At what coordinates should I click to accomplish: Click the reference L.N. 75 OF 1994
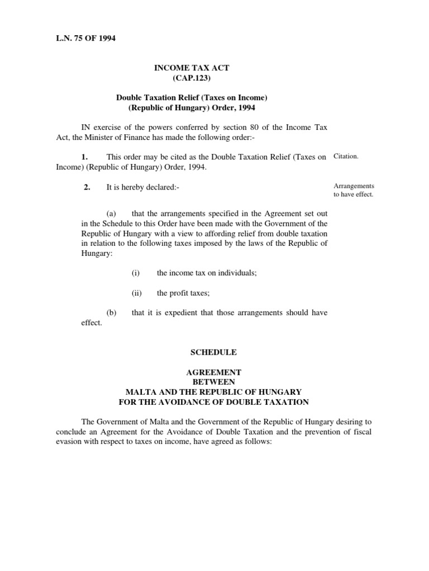coord(85,38)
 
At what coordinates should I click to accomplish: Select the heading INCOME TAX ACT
coord(192,67)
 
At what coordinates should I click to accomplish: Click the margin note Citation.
coord(346,157)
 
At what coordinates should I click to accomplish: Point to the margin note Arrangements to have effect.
coord(354,190)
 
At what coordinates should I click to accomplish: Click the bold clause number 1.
coord(87,157)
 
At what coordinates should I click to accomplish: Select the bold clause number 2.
coord(87,187)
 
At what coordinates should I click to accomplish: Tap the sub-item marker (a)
coord(111,214)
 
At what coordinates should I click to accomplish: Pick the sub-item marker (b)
coord(111,313)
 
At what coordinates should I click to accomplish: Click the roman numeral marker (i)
coord(136,273)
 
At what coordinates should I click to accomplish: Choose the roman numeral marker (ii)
coord(137,293)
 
